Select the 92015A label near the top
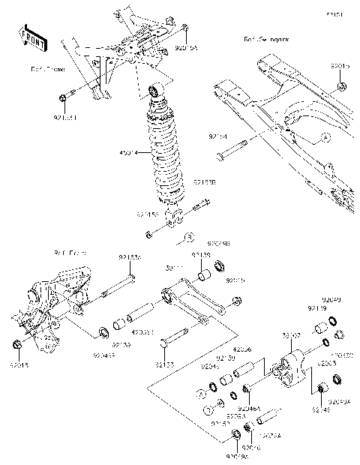[x=185, y=46]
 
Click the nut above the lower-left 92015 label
[x=16, y=344]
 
